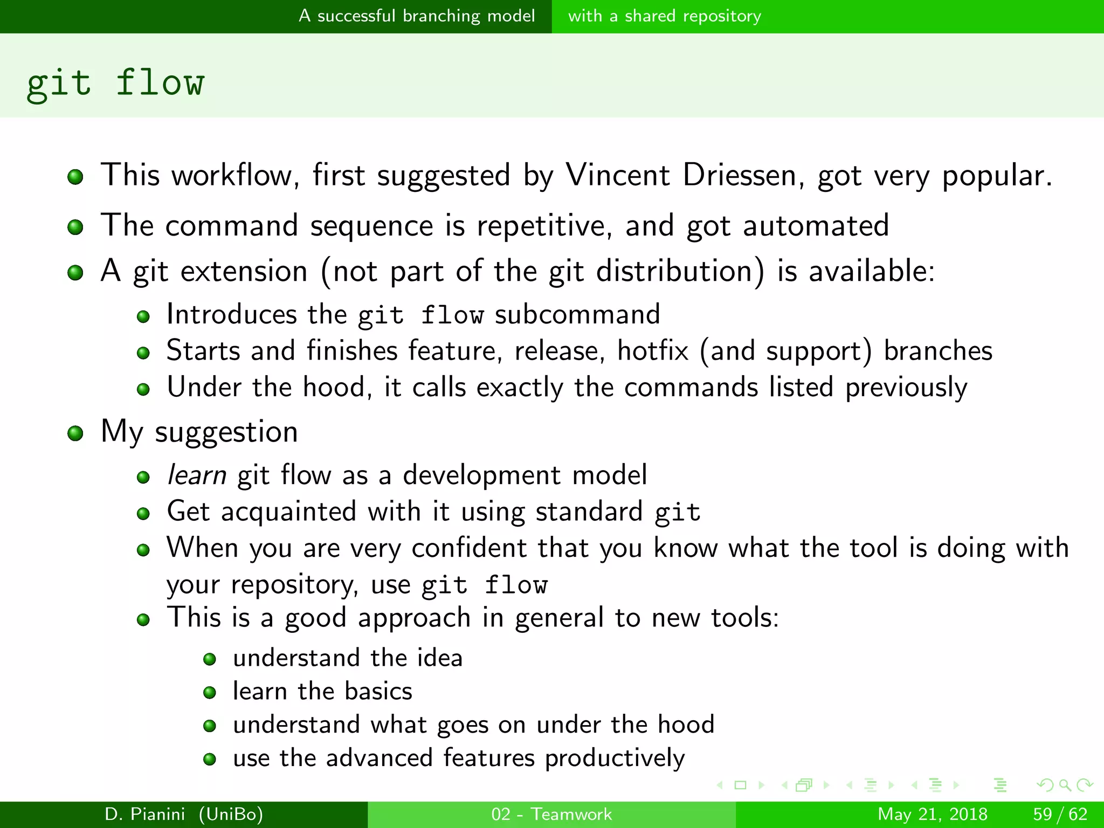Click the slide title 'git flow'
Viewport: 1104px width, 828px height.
coord(115,84)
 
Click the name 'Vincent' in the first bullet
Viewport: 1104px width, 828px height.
coord(618,175)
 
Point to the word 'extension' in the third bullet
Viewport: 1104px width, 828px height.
coord(244,271)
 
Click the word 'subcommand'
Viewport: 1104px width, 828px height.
coord(577,315)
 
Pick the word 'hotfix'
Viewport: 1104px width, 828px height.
coord(653,351)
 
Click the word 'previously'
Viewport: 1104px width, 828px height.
coord(906,388)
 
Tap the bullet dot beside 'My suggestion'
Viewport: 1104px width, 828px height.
coord(75,433)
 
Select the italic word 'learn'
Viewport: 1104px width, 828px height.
coord(196,475)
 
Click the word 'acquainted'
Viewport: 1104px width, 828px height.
coord(288,512)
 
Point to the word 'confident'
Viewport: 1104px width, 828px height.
coord(468,548)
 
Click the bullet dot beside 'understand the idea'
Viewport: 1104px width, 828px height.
coord(210,659)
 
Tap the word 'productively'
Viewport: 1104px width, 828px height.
coord(615,758)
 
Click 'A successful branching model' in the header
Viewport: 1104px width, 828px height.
coord(417,16)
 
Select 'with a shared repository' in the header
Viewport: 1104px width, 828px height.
coord(664,16)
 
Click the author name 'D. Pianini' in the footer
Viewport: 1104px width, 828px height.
coord(144,814)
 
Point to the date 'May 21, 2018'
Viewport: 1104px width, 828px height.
coord(932,814)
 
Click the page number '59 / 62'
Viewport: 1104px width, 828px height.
coord(1060,814)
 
